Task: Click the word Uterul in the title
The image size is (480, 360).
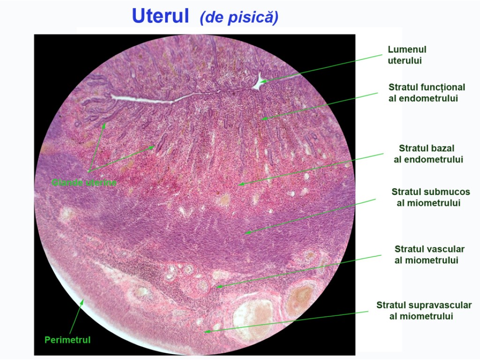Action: click(161, 16)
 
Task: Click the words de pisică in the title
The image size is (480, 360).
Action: click(239, 17)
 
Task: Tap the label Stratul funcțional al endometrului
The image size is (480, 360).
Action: click(427, 93)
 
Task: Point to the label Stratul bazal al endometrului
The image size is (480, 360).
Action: click(427, 154)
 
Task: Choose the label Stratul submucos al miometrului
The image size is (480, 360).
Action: click(430, 197)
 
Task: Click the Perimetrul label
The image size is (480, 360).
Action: click(67, 340)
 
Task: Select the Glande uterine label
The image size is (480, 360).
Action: click(84, 183)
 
